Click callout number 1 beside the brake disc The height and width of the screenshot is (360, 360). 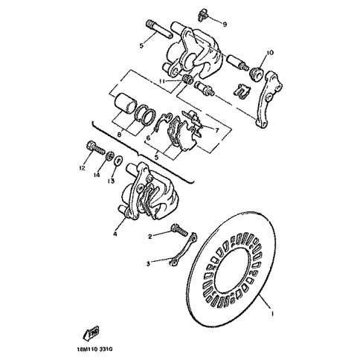pos(272,314)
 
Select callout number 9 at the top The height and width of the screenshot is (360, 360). pos(225,25)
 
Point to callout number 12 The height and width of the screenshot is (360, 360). pos(82,168)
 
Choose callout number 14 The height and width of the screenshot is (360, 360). pos(97,175)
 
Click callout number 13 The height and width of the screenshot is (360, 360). pos(111,181)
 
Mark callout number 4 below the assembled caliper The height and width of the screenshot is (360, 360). pos(115,234)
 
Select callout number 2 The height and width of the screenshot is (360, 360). pos(150,237)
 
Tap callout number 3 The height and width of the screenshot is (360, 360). pos(148,264)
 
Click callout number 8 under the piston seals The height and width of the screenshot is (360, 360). pos(119,135)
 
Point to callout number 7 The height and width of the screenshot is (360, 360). pos(217,130)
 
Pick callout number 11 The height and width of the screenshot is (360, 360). pos(162,81)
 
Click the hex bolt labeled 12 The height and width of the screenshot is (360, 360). pos(96,149)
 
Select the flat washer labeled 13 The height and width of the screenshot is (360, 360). pos(118,161)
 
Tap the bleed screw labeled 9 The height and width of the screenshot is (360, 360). pos(203,15)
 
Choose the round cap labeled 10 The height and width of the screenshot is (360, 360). pos(255,74)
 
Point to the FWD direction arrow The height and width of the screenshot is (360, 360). pos(91,332)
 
